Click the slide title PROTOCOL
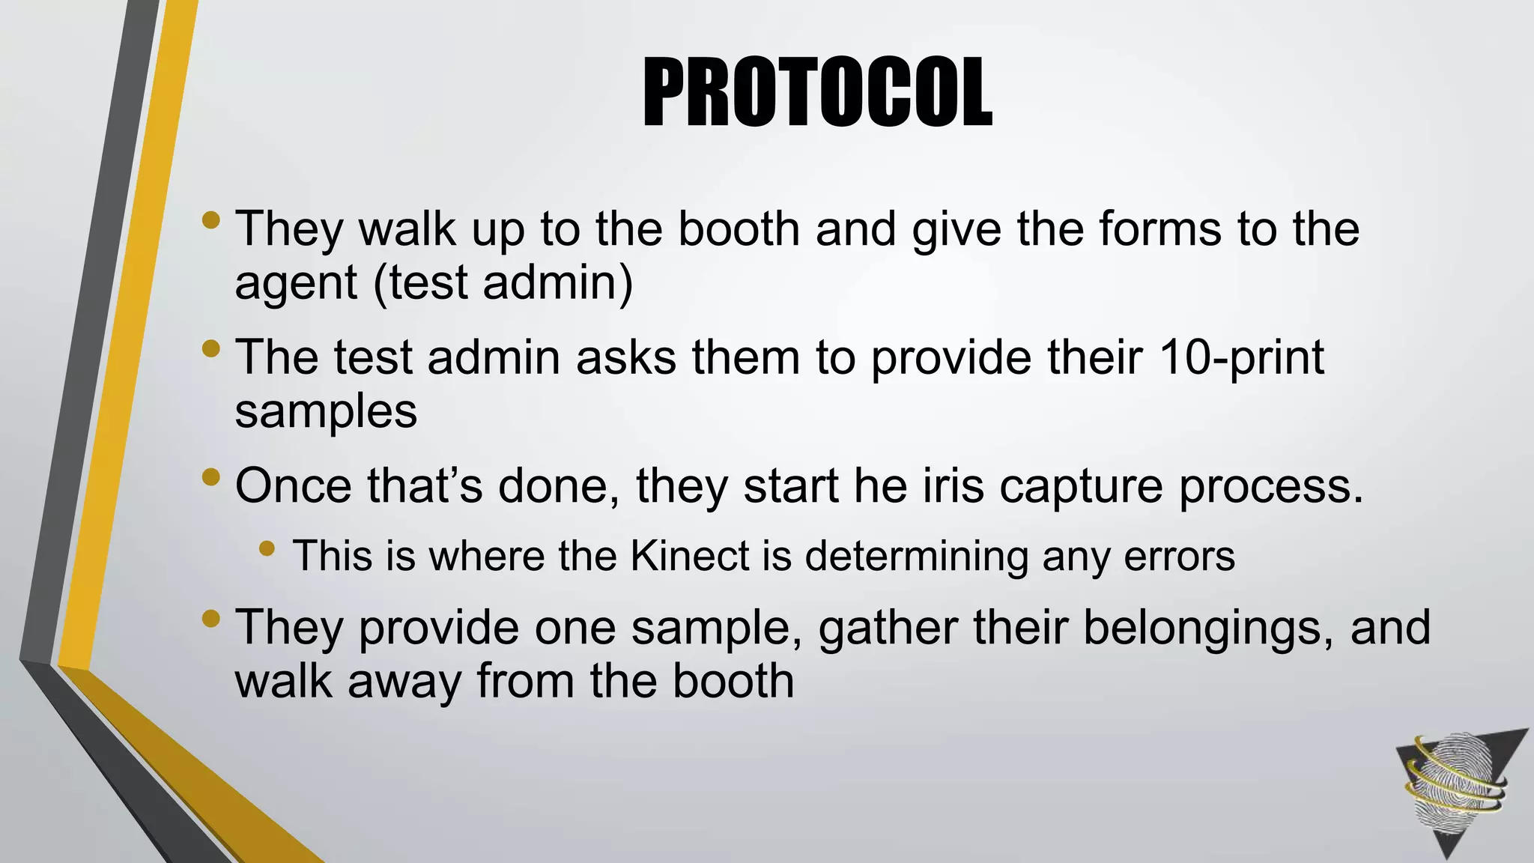[x=817, y=93]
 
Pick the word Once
[x=293, y=485]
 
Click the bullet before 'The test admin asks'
[x=211, y=348]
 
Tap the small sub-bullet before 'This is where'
[x=267, y=549]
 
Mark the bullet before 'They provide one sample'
[x=211, y=619]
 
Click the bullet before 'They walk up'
[x=211, y=220]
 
